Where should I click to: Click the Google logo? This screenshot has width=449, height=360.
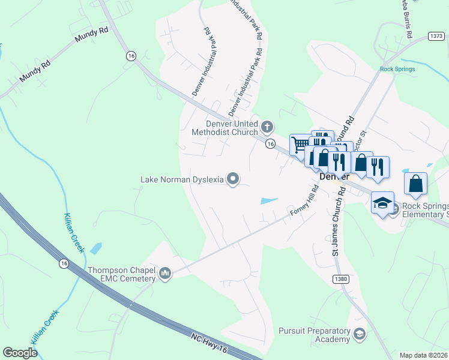20,353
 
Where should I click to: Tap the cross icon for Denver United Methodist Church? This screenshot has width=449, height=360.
267,127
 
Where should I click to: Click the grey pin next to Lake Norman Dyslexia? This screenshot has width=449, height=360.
233,179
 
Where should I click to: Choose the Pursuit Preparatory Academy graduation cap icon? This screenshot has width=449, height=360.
360,334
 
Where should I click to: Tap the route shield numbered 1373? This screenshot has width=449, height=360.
436,36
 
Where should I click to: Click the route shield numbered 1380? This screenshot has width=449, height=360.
340,279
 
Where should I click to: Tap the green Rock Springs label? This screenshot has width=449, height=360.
397,68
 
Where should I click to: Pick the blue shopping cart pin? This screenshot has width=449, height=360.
300,144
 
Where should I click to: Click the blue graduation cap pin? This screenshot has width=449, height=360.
382,203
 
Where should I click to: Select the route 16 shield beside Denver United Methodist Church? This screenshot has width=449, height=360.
271,143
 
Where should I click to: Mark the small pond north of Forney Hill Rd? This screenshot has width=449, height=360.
269,200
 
